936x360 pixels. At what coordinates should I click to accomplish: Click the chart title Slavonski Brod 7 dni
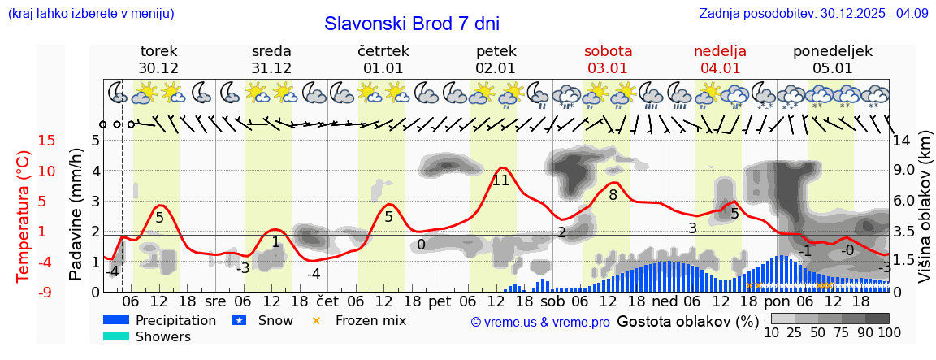[x=412, y=24]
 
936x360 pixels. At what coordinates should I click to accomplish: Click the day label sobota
[x=608, y=51]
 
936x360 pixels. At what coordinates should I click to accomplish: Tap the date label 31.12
[x=271, y=68]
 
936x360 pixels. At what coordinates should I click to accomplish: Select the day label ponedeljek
[x=833, y=51]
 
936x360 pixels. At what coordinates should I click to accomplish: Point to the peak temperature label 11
[x=500, y=180]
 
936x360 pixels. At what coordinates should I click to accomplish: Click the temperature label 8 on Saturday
[x=613, y=195]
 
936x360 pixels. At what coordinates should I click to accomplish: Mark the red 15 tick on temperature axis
[x=47, y=141]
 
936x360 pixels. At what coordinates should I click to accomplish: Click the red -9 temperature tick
[x=47, y=292]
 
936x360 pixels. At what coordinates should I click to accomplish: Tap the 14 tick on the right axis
[x=901, y=141]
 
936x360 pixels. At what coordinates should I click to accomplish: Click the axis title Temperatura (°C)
[x=24, y=216]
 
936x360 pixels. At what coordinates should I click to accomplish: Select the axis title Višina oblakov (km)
[x=925, y=216]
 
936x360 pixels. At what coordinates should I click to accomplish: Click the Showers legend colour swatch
[x=116, y=336]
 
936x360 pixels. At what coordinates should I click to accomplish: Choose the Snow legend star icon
[x=239, y=320]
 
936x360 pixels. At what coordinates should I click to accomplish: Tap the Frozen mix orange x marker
[x=317, y=320]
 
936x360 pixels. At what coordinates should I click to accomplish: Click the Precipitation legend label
[x=175, y=320]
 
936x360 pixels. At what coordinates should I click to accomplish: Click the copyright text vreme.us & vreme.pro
[x=540, y=322]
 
